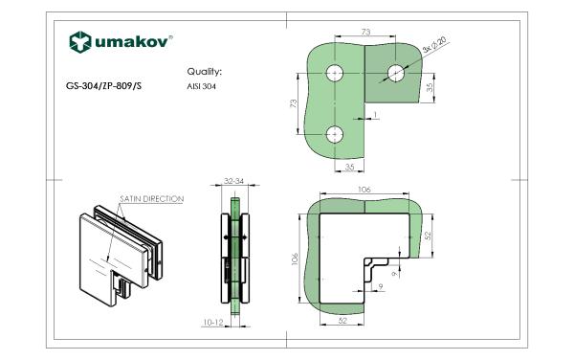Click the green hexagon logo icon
click(79, 42)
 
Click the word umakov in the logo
click(132, 42)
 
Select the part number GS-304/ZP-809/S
click(103, 86)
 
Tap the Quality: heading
click(205, 72)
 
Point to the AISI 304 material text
click(201, 87)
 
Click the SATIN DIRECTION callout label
click(151, 199)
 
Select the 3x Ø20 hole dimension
click(435, 45)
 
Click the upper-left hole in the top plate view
click(335, 74)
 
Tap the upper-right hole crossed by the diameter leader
click(395, 74)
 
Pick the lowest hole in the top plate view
click(335, 134)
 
